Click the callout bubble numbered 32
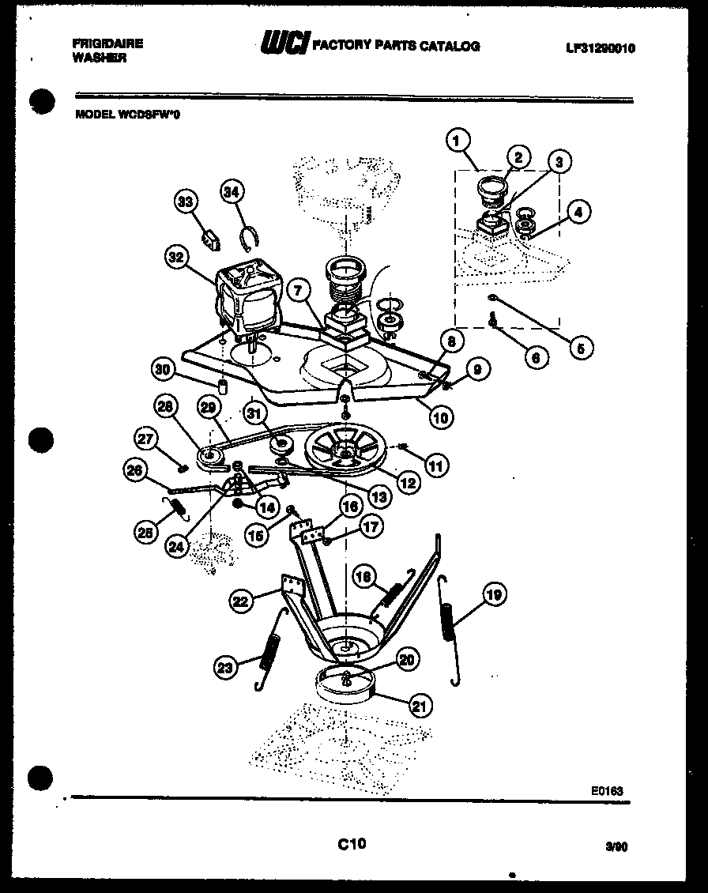[178, 257]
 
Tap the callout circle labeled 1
[457, 142]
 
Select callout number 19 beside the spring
[493, 594]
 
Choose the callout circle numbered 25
[144, 533]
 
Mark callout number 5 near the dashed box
[582, 346]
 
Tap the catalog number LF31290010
[601, 48]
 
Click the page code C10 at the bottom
[351, 844]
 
